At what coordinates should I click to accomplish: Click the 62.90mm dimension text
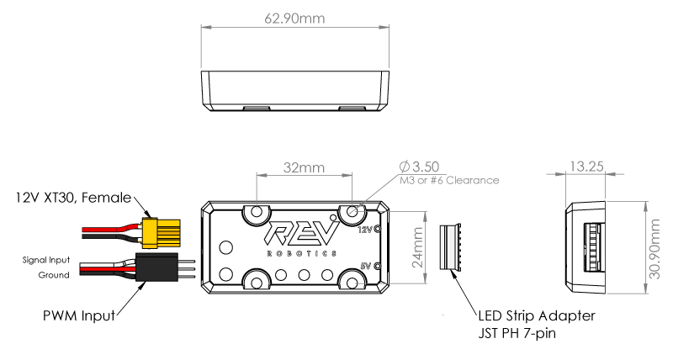pyautogui.click(x=294, y=18)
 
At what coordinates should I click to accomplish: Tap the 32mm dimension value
pyautogui.click(x=304, y=167)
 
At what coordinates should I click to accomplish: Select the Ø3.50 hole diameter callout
pyautogui.click(x=419, y=167)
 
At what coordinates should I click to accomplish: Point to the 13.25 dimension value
pyautogui.click(x=586, y=166)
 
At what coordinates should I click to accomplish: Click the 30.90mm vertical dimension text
pyautogui.click(x=654, y=249)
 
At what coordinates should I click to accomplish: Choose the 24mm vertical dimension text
pyautogui.click(x=417, y=247)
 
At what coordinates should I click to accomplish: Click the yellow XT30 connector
pyautogui.click(x=162, y=233)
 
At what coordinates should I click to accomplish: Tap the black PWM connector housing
pyautogui.click(x=156, y=267)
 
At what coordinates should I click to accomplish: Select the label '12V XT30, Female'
pyautogui.click(x=73, y=198)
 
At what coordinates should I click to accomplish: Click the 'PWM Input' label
pyautogui.click(x=79, y=315)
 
